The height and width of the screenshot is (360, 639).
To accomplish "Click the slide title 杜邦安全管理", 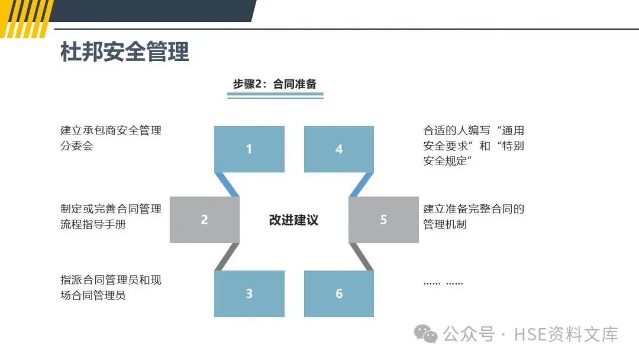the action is [125, 53].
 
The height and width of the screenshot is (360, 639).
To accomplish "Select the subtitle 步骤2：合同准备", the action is [275, 84].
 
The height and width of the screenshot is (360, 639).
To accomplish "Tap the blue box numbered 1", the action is [249, 149].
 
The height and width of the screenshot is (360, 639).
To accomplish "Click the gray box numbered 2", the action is [204, 220].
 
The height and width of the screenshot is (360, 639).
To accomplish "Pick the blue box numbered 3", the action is [249, 294].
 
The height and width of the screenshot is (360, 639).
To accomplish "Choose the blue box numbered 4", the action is [339, 149].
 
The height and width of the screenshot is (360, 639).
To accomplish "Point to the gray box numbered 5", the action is [383, 220].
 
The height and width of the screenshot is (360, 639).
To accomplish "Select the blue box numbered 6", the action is [339, 294].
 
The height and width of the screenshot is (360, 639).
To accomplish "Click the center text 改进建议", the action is [293, 220].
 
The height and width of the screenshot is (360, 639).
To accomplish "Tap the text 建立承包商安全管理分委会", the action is [111, 138].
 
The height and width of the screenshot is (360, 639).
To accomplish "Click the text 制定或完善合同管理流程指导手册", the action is [111, 216].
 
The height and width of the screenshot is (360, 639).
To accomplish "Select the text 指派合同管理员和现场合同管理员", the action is [111, 287].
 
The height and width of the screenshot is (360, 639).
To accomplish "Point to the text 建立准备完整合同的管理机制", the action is [473, 216].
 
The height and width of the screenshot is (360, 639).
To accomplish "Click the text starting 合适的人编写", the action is [473, 146].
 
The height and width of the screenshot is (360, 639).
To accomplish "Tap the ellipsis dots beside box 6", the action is [443, 283].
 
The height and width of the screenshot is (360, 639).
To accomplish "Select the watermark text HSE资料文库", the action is [566, 335].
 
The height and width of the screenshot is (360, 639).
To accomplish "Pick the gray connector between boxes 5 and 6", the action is [360, 256].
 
